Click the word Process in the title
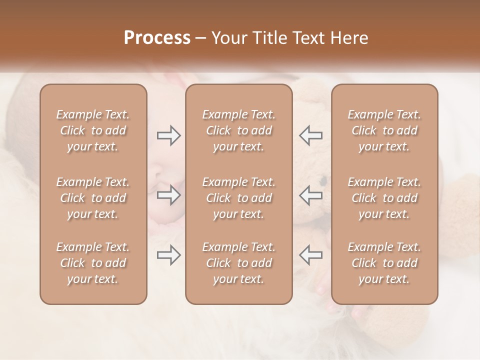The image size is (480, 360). pyautogui.click(x=157, y=38)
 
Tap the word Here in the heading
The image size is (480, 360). pyautogui.click(x=348, y=38)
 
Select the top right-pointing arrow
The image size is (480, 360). pyautogui.click(x=168, y=135)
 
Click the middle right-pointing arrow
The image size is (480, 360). pyautogui.click(x=168, y=195)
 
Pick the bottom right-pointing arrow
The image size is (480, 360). pyautogui.click(x=168, y=255)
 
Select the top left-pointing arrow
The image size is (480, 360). pyautogui.click(x=311, y=135)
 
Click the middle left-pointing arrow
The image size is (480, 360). pyautogui.click(x=311, y=195)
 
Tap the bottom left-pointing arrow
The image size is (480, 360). pyautogui.click(x=311, y=255)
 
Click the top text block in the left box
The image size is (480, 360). pyautogui.click(x=93, y=130)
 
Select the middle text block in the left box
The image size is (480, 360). pyautogui.click(x=93, y=198)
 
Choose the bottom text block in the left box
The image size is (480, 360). pyautogui.click(x=93, y=263)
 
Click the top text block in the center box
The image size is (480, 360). pyautogui.click(x=238, y=130)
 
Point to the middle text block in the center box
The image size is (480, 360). pyautogui.click(x=238, y=198)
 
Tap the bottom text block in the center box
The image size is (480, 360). pyautogui.click(x=238, y=263)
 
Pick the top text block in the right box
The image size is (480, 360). pyautogui.click(x=384, y=130)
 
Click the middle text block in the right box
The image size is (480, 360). pyautogui.click(x=384, y=198)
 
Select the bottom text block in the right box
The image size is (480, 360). pyautogui.click(x=384, y=263)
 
